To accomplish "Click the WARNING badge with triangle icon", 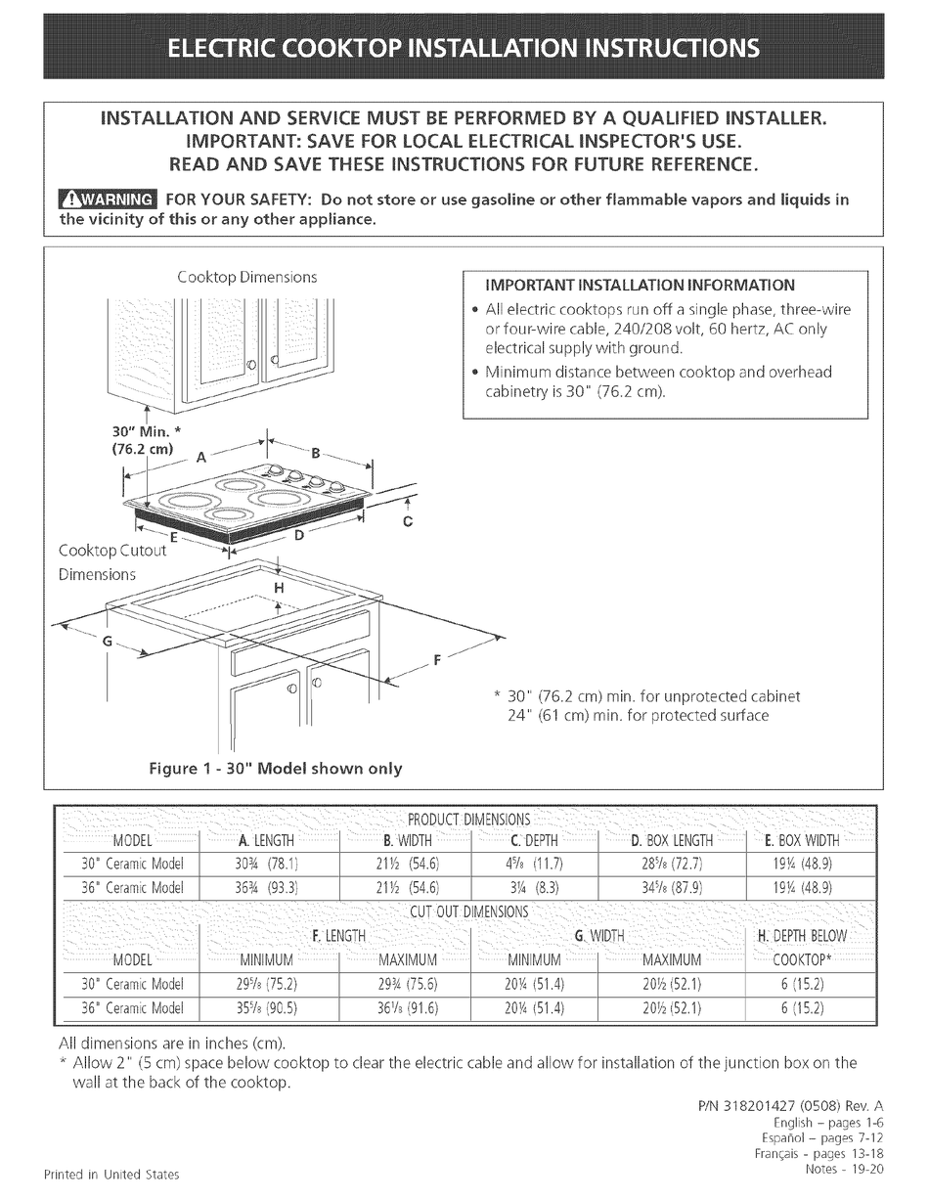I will pos(106,201).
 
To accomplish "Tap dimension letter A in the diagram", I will pos(200,456).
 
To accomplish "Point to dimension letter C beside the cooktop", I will pos(408,521).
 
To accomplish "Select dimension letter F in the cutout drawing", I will pos(437,660).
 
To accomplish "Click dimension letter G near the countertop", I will pos(108,642).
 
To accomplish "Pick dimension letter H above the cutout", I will pos(279,588).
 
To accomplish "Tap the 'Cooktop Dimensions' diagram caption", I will pos(247,277).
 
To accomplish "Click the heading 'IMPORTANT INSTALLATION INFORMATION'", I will pos(641,286).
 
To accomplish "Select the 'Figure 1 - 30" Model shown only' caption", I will pos(275,768).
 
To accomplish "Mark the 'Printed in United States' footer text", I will pos(111,1173).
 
